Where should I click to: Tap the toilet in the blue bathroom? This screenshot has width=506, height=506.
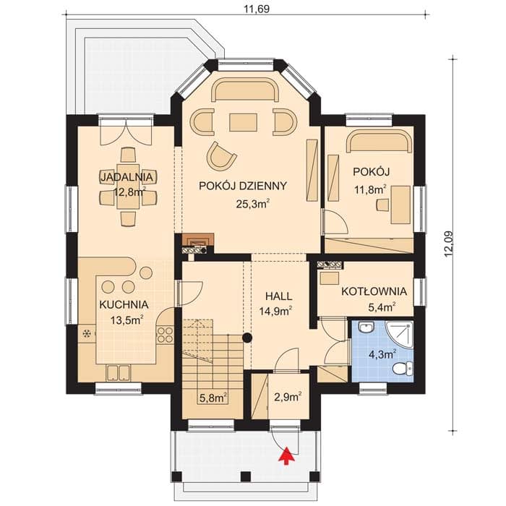click(404, 368)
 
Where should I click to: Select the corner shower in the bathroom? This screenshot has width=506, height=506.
click(400, 335)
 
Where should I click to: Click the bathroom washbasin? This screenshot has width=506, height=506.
click(366, 328)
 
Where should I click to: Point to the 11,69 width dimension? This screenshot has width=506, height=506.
click(256, 9)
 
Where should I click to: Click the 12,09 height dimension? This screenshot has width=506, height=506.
click(448, 244)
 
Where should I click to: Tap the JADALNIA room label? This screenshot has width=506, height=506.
click(126, 177)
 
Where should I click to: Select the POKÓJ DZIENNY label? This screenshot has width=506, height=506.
click(243, 186)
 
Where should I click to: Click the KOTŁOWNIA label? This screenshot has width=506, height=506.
click(374, 291)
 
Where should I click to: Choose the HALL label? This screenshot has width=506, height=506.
click(279, 296)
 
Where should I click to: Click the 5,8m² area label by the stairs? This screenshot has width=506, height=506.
click(213, 398)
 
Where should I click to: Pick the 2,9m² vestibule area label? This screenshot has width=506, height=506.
click(288, 397)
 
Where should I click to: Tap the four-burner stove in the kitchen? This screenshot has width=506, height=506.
click(165, 335)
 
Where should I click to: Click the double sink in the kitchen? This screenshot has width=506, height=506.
click(118, 373)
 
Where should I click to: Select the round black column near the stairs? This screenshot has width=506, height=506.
click(247, 338)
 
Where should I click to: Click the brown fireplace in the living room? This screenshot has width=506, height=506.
click(198, 240)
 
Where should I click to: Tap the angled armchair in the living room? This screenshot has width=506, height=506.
click(220, 156)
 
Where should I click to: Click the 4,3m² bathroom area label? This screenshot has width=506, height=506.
click(382, 355)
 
